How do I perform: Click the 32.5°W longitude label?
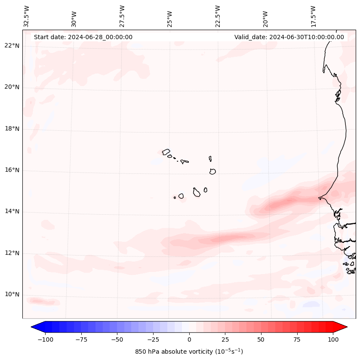pyautogui.click(x=27, y=16)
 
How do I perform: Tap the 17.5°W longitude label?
pyautogui.click(x=313, y=16)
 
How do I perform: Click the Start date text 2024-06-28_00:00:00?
pyautogui.click(x=83, y=37)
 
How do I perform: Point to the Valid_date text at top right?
pyautogui.click(x=289, y=37)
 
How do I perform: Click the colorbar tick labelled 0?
pyautogui.click(x=189, y=339)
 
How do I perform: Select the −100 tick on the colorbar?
pyautogui.click(x=46, y=339)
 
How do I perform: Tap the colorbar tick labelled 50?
pyautogui.click(x=261, y=339)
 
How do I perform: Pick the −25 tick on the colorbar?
pyautogui.click(x=153, y=339)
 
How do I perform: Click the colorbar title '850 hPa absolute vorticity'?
pyautogui.click(x=189, y=352)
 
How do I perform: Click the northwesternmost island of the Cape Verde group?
pyautogui.click(x=166, y=152)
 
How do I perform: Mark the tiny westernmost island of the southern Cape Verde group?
pyautogui.click(x=175, y=197)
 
